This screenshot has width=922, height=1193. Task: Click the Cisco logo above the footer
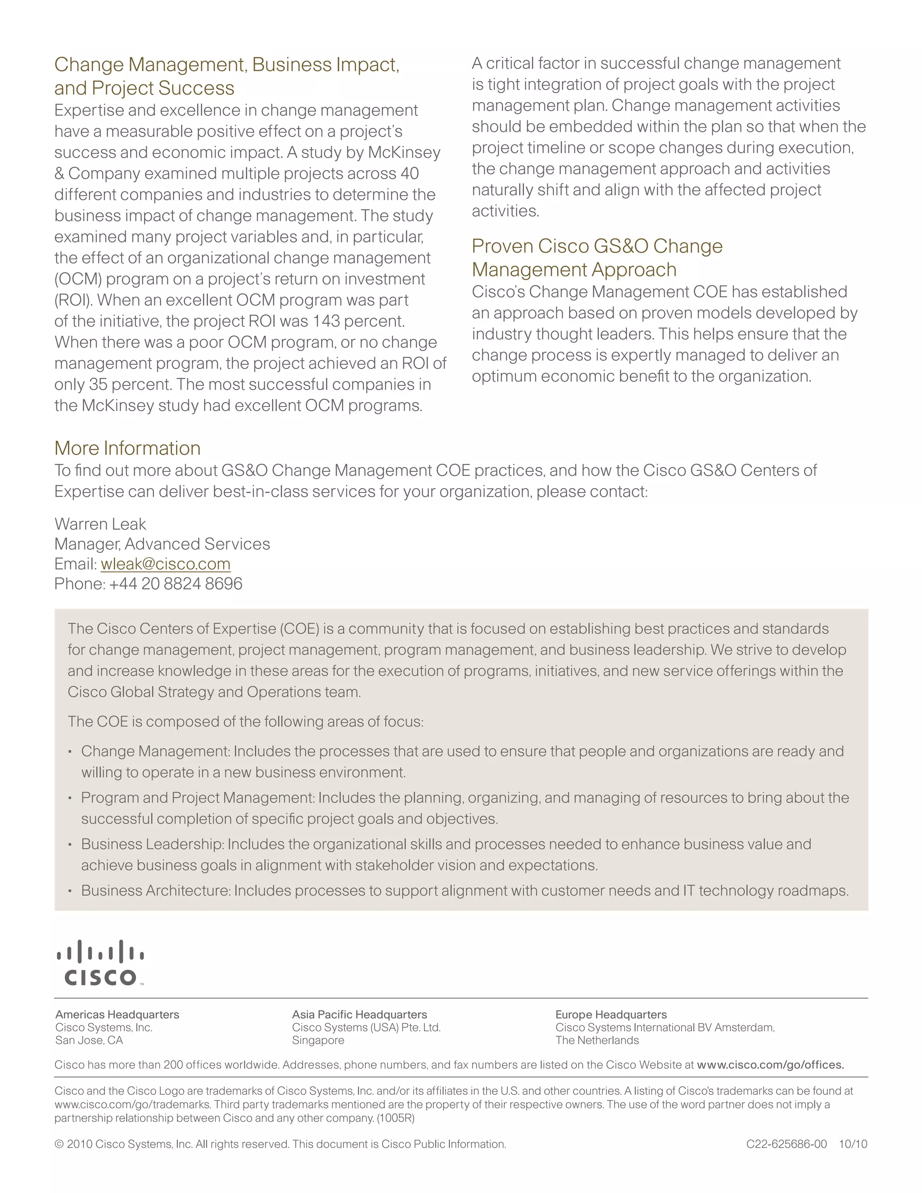pos(100,963)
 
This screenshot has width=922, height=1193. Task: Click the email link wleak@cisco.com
pos(166,564)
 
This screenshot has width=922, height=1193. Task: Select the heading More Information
pos(127,448)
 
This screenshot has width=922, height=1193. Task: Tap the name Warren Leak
pos(100,524)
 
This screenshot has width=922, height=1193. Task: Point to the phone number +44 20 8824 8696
pos(175,584)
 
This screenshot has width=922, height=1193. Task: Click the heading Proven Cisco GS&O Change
pos(597,246)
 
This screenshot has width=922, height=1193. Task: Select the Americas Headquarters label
pos(117,1014)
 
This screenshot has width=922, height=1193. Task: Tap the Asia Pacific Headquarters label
pos(359,1014)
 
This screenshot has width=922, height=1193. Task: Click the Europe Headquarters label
pos(610,1014)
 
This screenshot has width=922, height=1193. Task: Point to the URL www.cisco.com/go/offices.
pos(770,1065)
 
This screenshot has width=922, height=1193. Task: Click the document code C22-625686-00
pos(786,1144)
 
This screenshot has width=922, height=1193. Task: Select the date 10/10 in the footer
pos(853,1144)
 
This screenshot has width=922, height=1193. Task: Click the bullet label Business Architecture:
pos(156,890)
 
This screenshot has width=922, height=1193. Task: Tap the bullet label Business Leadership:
pos(153,844)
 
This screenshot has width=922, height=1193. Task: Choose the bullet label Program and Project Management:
pos(198,798)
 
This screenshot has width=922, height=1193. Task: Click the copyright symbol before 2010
pos(59,1144)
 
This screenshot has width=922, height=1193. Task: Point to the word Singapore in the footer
pos(318,1040)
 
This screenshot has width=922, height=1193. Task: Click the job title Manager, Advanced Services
pos(162,544)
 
